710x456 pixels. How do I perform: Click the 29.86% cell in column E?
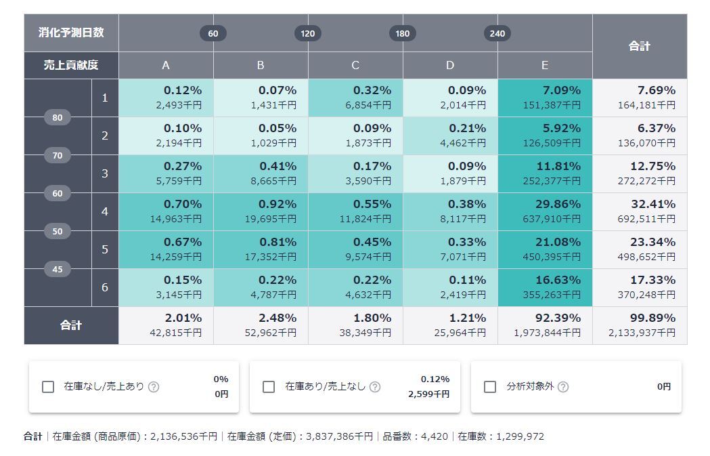(x=545, y=211)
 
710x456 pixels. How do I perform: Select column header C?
(x=355, y=65)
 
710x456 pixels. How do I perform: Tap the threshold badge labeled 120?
(x=308, y=33)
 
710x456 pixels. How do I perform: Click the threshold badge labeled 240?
(x=497, y=33)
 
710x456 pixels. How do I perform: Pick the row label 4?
(x=105, y=211)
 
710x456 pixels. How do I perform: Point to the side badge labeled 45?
(x=58, y=269)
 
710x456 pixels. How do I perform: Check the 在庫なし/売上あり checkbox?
(x=48, y=387)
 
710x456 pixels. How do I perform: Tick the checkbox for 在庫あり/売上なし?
(x=269, y=387)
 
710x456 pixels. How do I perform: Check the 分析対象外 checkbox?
(x=490, y=387)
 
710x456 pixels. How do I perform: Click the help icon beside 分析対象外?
(x=563, y=387)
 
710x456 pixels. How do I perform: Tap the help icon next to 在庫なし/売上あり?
(x=154, y=387)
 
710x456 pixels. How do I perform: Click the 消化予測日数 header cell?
(x=71, y=33)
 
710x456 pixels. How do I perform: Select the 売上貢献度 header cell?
(x=71, y=65)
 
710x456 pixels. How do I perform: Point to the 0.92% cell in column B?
(x=261, y=211)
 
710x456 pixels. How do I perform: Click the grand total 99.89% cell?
(x=640, y=325)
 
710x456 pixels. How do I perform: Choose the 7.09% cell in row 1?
(x=545, y=98)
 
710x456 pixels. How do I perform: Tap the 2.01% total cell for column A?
(x=166, y=325)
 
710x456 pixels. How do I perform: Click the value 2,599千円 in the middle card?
(x=428, y=394)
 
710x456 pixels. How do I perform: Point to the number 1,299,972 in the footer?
(x=520, y=436)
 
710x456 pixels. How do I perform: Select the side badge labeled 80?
(x=58, y=117)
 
